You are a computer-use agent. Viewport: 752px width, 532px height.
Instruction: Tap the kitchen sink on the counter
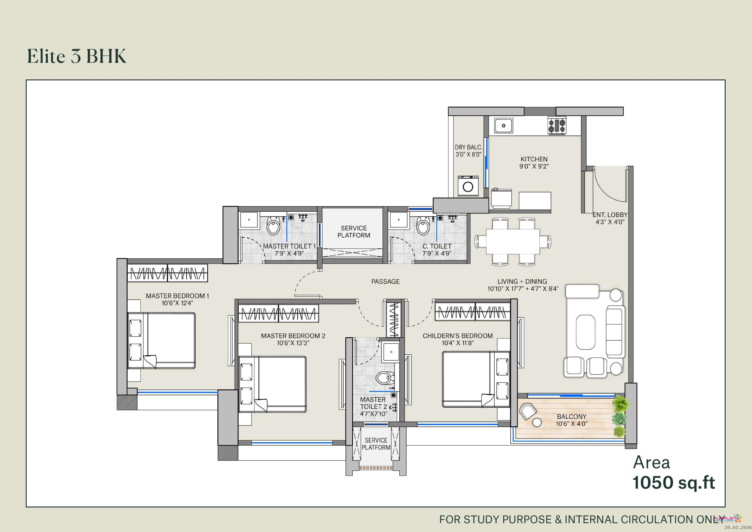point(504,126)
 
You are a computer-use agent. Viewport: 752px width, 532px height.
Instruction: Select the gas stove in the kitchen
point(557,126)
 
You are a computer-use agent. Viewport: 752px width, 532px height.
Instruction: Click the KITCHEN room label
point(534,159)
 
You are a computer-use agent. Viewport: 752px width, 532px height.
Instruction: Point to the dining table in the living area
point(513,241)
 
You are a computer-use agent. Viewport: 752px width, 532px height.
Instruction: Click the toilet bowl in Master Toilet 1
point(273,225)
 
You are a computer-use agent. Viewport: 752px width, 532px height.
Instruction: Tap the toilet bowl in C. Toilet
point(423,225)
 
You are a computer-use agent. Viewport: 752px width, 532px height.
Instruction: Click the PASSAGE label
point(385,281)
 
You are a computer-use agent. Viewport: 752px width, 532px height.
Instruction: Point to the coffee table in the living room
point(585,332)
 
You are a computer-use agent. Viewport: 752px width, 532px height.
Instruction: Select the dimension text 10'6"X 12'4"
point(177,303)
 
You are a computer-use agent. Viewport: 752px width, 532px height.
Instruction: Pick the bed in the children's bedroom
point(476,379)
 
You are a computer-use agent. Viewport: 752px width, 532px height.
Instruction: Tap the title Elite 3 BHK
point(76,56)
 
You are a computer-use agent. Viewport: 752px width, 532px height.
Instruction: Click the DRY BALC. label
point(468,147)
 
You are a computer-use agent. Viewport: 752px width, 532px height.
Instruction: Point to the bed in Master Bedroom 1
point(162,341)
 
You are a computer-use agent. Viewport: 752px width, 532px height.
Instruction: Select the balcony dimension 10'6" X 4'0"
point(572,424)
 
